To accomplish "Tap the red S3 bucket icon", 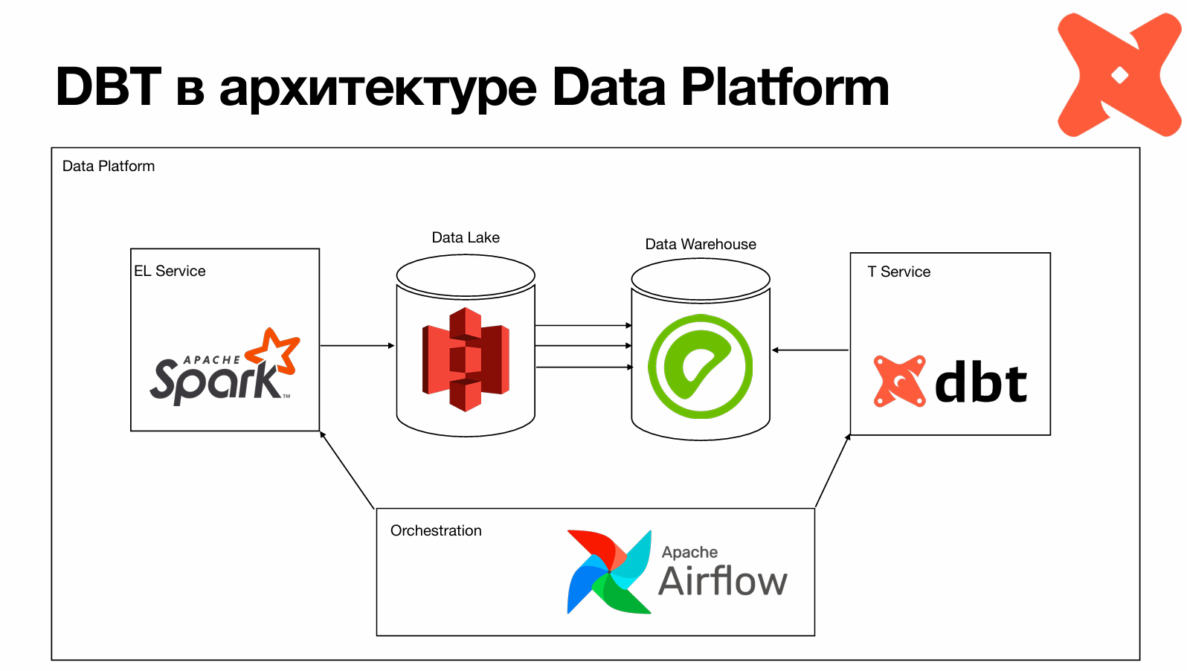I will coord(466,359).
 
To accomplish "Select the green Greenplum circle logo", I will coord(700,366).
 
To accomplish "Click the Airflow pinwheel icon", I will coord(609,571).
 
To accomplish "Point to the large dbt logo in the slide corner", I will coord(1119,75).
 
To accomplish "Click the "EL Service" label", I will coord(170,272).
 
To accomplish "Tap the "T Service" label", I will coord(898,272).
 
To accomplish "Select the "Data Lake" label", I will coord(466,238).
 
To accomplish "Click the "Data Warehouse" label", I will coord(701,245).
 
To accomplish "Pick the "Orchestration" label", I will coord(436,531).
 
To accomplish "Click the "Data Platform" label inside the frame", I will coord(109,167).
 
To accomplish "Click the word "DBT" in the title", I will coord(109,87).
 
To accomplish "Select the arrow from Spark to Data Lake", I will coord(357,346).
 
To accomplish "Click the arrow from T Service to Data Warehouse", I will coord(811,350).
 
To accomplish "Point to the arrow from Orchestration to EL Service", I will coord(347,470).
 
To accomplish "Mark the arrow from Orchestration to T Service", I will coord(832,471).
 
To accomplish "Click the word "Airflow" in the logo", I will coord(723,582).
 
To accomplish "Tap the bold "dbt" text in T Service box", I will coord(981,382).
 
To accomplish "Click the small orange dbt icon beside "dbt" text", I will coord(900,382).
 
